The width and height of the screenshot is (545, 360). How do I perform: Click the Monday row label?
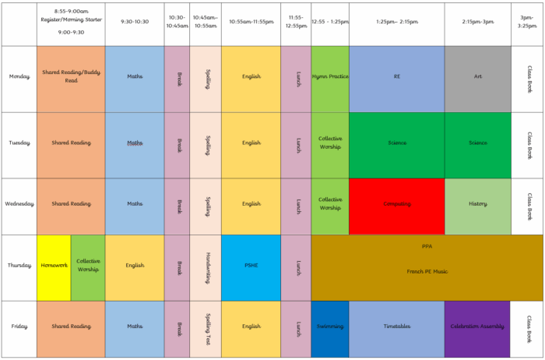(x=19, y=77)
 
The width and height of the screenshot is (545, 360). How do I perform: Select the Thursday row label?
(x=19, y=265)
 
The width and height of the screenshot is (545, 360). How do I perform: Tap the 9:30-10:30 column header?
(x=134, y=23)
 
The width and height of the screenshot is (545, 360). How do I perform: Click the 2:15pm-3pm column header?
(x=477, y=23)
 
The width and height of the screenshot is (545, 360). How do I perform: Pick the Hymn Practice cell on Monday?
(x=330, y=77)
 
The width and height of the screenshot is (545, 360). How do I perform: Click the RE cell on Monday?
(x=396, y=77)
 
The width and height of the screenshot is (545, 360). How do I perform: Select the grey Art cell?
(x=477, y=77)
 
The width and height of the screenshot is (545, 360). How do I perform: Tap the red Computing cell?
(x=396, y=205)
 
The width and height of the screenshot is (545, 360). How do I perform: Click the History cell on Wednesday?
(x=477, y=205)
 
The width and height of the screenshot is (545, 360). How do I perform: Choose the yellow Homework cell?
(x=54, y=266)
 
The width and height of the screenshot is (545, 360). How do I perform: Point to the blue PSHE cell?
(x=251, y=266)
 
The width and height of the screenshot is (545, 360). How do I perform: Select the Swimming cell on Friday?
(x=330, y=327)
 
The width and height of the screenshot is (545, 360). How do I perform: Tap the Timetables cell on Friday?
(x=396, y=327)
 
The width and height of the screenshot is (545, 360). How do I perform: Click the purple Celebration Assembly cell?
(x=477, y=327)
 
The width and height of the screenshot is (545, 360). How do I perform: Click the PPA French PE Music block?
(x=427, y=259)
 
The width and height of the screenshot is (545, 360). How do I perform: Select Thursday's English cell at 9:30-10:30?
(x=134, y=266)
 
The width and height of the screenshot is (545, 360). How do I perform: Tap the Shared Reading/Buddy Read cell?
(x=71, y=77)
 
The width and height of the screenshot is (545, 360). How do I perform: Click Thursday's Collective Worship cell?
(x=88, y=266)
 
